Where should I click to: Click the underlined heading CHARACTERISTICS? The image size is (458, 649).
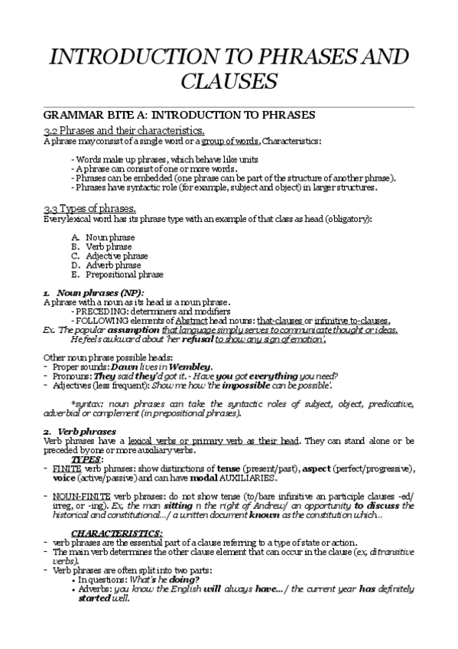pos(117,532)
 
